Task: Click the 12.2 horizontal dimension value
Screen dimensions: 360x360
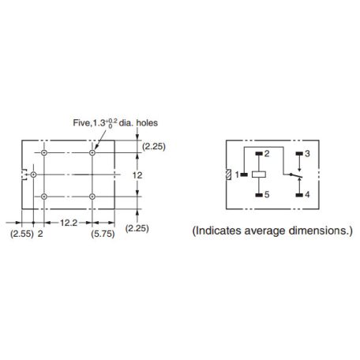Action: click(x=69, y=223)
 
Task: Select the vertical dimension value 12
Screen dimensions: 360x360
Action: click(x=137, y=175)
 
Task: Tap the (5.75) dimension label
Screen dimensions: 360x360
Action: click(x=103, y=234)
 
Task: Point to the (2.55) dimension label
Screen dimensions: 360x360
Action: click(x=22, y=234)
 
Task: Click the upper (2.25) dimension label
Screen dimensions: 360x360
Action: click(x=154, y=147)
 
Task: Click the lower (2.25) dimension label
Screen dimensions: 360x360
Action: click(x=137, y=228)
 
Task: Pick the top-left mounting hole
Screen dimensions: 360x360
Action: click(x=44, y=152)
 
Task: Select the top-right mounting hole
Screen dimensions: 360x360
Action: click(x=92, y=152)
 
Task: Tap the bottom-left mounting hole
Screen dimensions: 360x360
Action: click(x=44, y=197)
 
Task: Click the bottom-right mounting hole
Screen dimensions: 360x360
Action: click(x=92, y=197)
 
